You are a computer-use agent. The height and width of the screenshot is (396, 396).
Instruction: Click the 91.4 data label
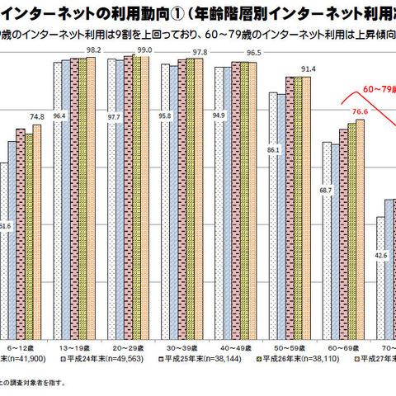pos(308,68)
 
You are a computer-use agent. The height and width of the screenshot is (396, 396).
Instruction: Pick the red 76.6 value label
pos(360,111)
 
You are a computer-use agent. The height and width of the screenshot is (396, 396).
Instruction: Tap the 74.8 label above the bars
pos(37,116)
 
